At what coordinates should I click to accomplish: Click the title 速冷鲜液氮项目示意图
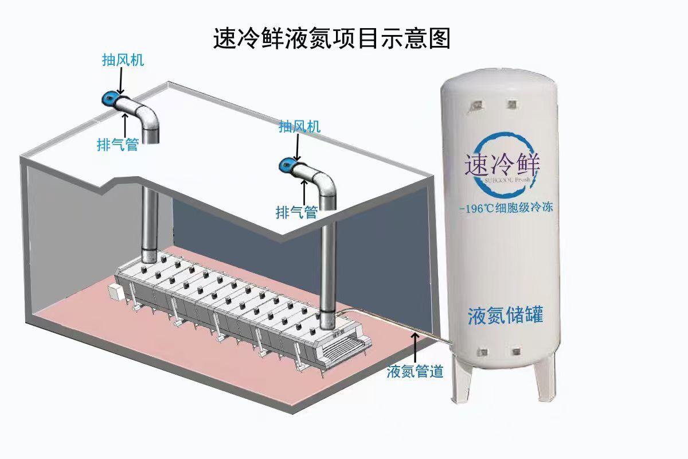[331, 39]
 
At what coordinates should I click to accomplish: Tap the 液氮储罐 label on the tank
[505, 316]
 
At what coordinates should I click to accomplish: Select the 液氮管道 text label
[415, 372]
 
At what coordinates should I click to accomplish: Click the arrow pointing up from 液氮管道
[415, 346]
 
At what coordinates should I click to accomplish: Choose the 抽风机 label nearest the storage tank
[299, 127]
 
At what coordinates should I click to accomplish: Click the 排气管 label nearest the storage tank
[296, 213]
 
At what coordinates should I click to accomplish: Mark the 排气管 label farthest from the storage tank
[118, 145]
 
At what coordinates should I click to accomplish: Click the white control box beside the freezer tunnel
[118, 291]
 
